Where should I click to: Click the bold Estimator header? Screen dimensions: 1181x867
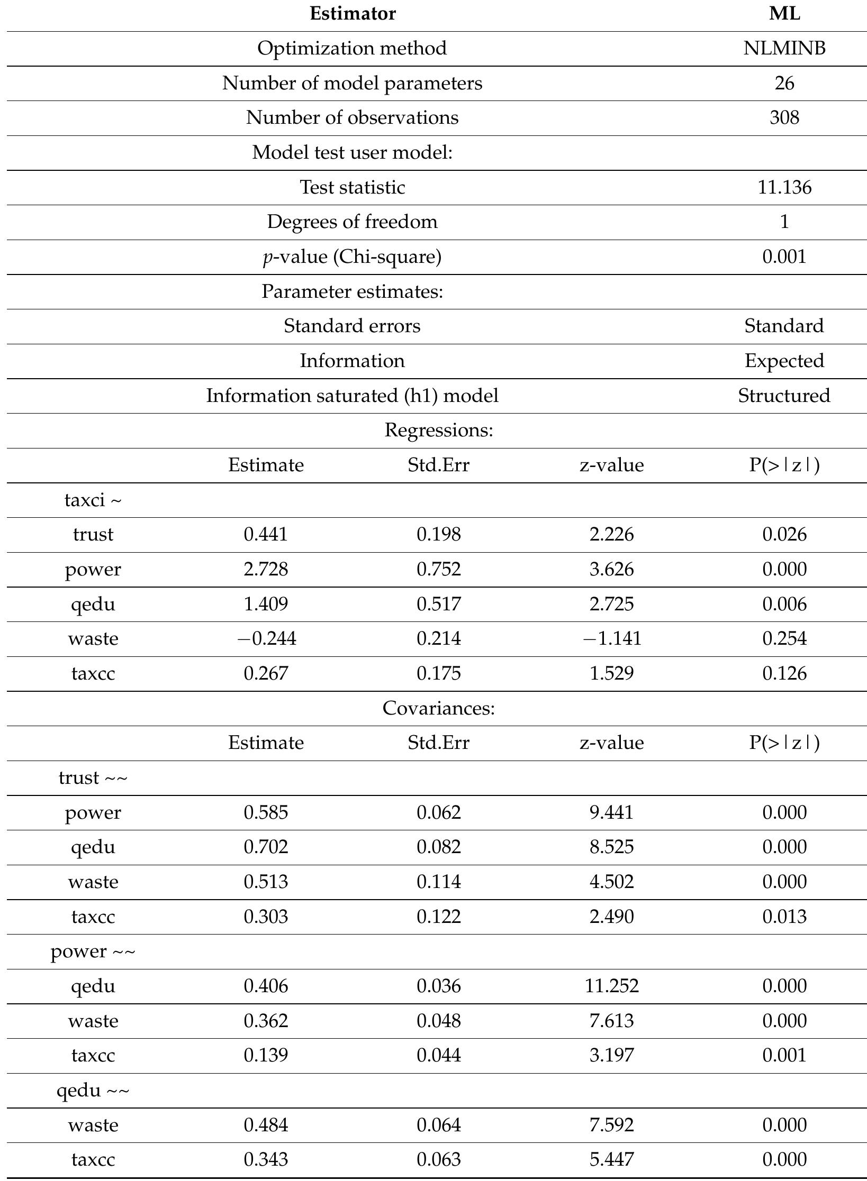[353, 14]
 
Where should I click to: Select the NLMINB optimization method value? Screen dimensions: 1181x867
[784, 49]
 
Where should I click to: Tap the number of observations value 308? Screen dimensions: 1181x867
[784, 118]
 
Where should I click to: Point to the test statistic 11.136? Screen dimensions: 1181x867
[784, 188]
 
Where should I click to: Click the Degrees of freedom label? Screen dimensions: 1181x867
[353, 222]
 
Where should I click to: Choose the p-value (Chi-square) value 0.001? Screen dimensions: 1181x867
[784, 257]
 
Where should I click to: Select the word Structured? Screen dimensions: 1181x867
[784, 396]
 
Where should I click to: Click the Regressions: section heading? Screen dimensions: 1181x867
[438, 431]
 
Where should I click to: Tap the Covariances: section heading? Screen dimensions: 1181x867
[438, 708]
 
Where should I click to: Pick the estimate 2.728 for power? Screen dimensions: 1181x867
[266, 570]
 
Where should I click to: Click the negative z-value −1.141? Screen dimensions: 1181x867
[611, 639]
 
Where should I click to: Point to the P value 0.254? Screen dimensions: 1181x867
[784, 639]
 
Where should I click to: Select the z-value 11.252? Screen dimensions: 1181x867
[611, 986]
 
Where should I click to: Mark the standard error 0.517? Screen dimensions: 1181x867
[438, 604]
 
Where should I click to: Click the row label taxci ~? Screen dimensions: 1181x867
[93, 500]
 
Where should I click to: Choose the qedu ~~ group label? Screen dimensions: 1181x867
[93, 1091]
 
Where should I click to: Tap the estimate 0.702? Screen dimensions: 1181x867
[266, 847]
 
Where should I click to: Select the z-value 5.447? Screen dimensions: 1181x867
[611, 1160]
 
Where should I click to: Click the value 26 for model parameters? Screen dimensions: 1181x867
[784, 84]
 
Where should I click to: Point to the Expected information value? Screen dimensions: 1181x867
[784, 361]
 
